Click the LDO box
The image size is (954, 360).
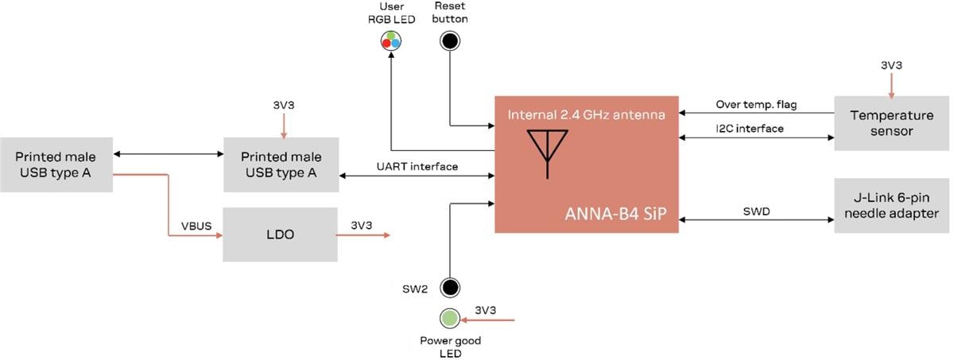point(281,235)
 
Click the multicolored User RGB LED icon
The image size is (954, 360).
point(390,41)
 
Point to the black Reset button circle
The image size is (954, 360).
point(451,41)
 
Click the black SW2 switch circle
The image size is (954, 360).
point(451,287)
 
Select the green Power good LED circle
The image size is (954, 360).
point(451,319)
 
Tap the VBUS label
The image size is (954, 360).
point(196,226)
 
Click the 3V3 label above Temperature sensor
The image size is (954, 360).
point(891,66)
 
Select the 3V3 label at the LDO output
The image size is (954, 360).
point(361,226)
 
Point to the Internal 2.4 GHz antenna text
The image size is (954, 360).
point(586,116)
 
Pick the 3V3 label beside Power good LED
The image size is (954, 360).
point(486,310)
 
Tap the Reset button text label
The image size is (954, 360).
point(451,13)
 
